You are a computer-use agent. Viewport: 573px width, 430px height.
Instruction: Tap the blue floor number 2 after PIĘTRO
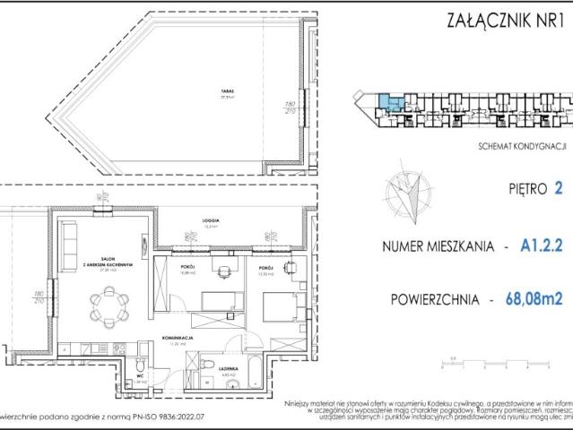(560, 189)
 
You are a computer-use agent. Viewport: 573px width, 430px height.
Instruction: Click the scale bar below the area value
(495, 363)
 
